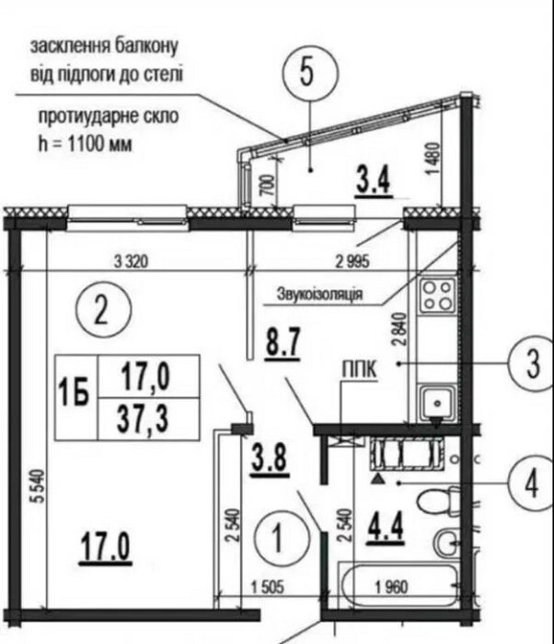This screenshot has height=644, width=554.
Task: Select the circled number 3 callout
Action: tap(526, 364)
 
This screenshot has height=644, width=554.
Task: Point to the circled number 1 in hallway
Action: tap(278, 536)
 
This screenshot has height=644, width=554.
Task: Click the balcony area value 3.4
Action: tap(373, 180)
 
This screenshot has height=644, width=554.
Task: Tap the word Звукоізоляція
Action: tap(319, 291)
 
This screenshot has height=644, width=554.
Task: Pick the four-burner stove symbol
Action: tap(438, 295)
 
